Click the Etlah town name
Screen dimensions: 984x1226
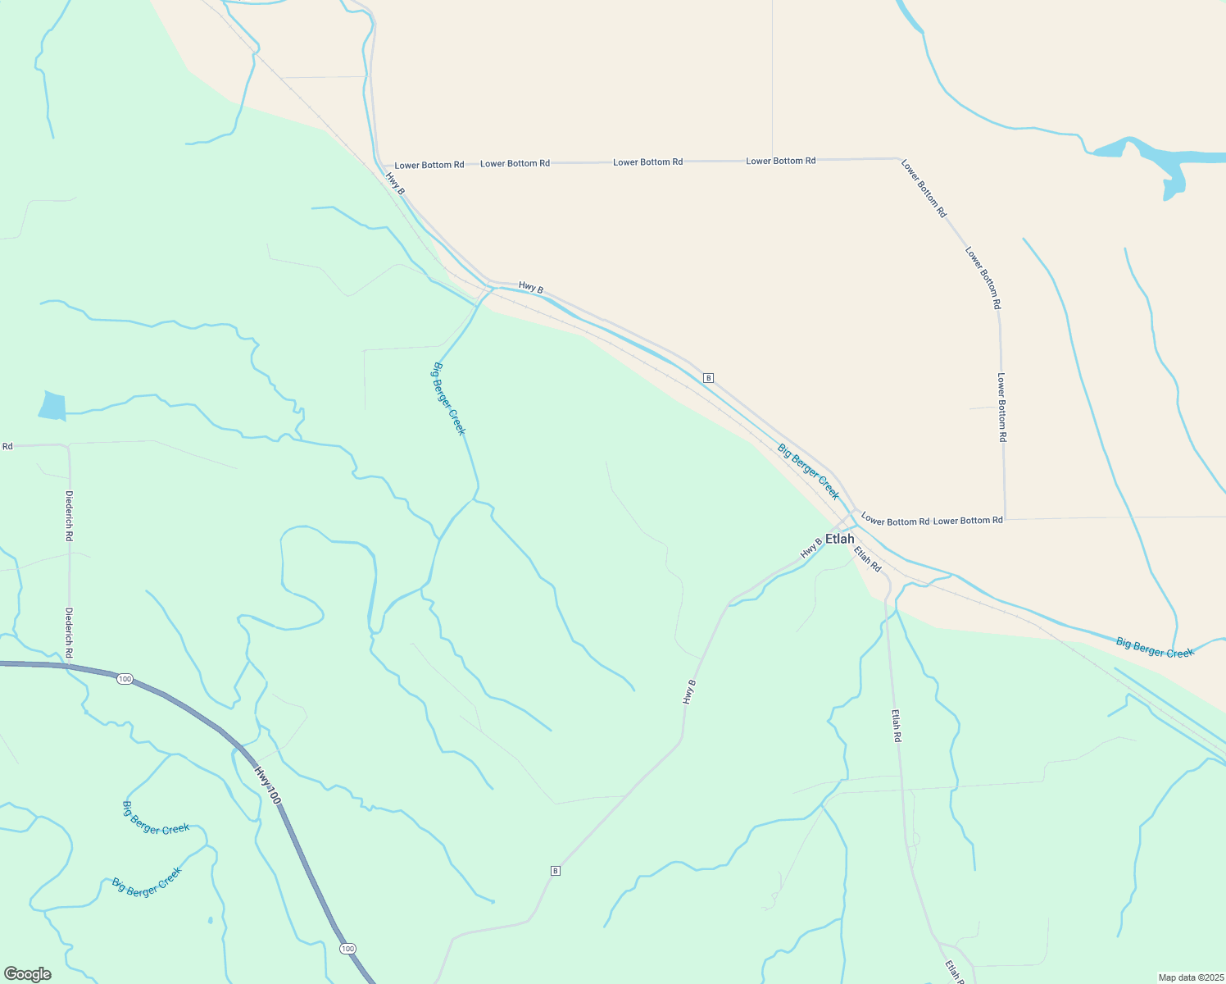coord(839,539)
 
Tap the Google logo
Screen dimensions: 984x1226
coord(28,974)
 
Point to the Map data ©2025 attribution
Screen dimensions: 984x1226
coord(1189,977)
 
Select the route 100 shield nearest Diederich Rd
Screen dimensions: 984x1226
coord(124,679)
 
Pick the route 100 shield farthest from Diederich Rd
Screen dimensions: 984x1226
coord(347,949)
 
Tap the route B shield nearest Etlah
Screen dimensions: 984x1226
coord(708,378)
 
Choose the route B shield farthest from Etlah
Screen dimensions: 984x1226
coord(555,871)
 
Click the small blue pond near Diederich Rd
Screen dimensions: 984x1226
coord(52,406)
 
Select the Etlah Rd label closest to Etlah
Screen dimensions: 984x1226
coord(867,559)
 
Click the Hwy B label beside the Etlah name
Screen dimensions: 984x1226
coord(811,547)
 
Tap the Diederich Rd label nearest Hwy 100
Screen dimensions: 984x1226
coord(70,632)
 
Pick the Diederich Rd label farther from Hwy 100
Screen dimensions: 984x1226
coord(70,516)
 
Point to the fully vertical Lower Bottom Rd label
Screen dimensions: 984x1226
coord(1001,408)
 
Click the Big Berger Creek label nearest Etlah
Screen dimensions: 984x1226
coord(808,471)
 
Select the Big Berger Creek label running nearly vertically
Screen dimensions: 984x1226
coord(448,399)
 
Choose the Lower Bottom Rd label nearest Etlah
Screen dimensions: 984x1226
coord(895,522)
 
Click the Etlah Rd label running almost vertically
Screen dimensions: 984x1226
coord(897,726)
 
